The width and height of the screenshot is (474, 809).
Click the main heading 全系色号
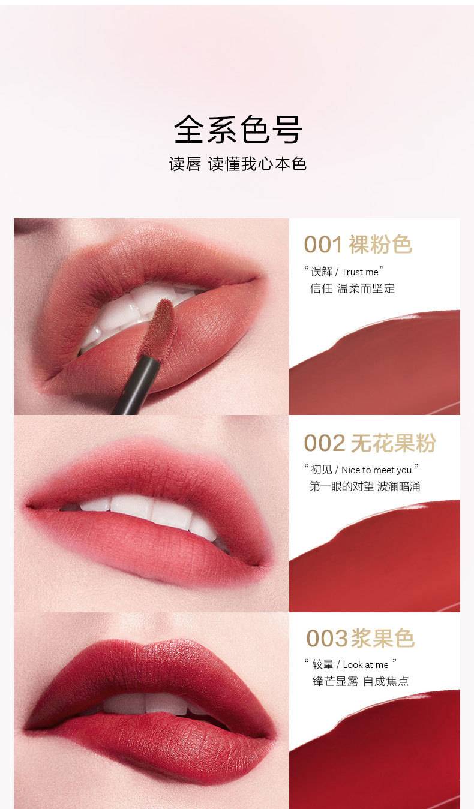[238, 129]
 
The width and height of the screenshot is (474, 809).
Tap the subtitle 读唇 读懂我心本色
[238, 164]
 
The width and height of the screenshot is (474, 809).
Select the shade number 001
[323, 245]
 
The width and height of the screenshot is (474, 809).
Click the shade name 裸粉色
[380, 245]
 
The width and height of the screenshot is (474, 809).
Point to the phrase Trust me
[360, 272]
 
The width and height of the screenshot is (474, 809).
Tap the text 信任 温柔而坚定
[352, 288]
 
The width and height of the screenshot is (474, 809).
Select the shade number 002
[324, 443]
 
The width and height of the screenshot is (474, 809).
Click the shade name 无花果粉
[393, 443]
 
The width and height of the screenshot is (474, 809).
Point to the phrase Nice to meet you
[376, 470]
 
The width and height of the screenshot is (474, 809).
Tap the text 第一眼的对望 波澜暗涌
[365, 486]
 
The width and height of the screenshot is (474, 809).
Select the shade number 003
[327, 639]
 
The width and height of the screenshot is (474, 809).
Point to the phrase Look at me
[365, 665]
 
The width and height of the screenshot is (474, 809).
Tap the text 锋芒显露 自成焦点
[361, 681]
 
